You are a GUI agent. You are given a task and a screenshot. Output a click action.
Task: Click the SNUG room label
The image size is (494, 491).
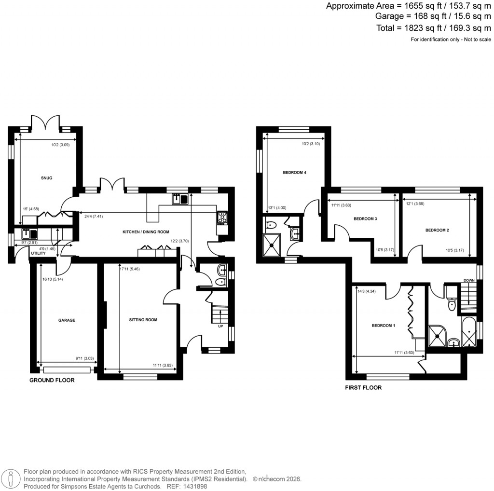tap(46, 178)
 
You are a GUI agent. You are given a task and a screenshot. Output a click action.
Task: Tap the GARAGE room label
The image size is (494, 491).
tap(67, 320)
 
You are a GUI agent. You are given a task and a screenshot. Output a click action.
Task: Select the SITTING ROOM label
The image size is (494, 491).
tap(143, 319)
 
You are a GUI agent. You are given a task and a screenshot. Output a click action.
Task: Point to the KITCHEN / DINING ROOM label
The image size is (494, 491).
tap(145, 232)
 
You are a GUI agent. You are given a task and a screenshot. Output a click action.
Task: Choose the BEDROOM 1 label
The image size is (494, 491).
tap(383, 326)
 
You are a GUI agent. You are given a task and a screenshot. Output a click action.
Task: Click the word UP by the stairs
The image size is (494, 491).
tap(221, 326)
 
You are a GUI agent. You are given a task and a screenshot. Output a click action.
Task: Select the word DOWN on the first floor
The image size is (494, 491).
tap(469, 280)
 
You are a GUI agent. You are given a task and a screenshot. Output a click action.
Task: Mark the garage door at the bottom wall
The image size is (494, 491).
tap(67, 370)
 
